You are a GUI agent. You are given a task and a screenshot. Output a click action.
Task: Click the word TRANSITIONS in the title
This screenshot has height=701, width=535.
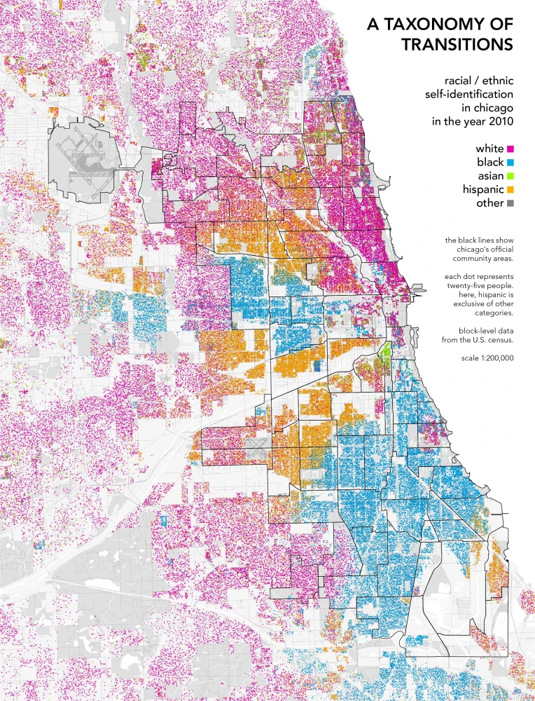(x=457, y=44)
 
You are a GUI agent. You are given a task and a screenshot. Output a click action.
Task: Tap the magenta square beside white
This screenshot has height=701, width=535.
(x=510, y=149)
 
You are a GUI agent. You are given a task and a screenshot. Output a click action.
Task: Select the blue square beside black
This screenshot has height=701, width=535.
(x=510, y=163)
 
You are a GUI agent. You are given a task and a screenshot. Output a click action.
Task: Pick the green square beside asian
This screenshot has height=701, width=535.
(x=510, y=176)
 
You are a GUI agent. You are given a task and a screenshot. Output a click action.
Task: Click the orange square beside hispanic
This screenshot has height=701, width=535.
(x=510, y=190)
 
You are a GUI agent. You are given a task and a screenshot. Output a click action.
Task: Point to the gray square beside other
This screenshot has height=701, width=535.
(x=510, y=203)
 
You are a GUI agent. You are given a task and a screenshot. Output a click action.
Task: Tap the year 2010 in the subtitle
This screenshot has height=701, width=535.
(x=500, y=121)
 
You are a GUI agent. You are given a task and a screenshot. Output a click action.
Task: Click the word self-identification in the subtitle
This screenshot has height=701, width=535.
(x=468, y=94)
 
